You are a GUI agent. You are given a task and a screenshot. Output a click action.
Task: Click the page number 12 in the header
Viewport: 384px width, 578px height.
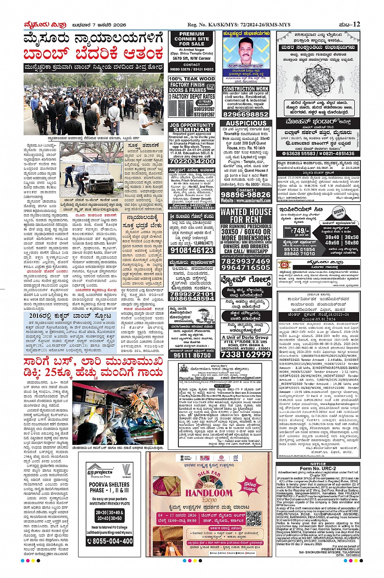[x=356, y=24]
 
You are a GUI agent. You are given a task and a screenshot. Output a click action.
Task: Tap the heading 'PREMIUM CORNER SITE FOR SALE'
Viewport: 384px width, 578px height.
[x=192, y=39]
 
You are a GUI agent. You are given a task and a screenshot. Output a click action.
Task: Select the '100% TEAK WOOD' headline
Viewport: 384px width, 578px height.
[x=192, y=79]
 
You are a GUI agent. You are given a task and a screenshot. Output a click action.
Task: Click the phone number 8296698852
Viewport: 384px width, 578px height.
[x=246, y=114]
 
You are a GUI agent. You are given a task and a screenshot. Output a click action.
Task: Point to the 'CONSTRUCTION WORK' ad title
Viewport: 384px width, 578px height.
[x=246, y=88]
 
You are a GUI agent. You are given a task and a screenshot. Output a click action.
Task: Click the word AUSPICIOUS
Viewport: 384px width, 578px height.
[x=246, y=123]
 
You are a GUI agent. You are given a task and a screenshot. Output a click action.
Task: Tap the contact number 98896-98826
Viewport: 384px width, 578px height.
[x=245, y=195]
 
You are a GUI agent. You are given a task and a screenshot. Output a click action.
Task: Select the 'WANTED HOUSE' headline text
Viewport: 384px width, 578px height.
[x=246, y=212]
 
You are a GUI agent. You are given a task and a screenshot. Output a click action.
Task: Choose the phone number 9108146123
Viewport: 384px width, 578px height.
[x=192, y=250]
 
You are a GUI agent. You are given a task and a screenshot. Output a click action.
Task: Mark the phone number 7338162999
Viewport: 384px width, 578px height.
[x=246, y=354]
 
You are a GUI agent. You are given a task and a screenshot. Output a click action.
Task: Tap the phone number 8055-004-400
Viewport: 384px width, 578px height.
[x=109, y=541]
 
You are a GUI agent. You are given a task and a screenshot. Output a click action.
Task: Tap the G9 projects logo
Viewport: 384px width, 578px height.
[x=100, y=472]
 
